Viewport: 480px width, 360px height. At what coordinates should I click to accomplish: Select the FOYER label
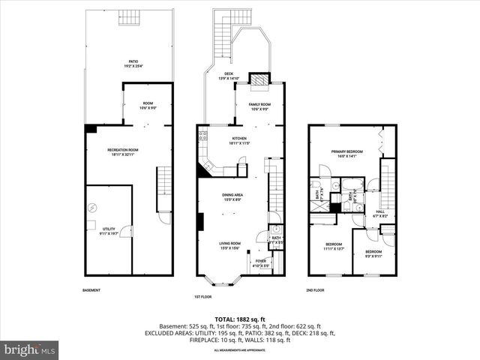click(x=259, y=262)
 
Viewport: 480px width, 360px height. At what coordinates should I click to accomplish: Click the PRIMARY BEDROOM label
click(x=347, y=152)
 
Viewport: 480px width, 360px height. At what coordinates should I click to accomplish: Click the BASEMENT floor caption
click(x=91, y=290)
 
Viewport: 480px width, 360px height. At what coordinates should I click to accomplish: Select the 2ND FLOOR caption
click(x=315, y=290)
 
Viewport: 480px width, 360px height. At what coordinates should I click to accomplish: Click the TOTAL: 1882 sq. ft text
click(x=239, y=319)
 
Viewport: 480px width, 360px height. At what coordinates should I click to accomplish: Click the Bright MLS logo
click(x=30, y=349)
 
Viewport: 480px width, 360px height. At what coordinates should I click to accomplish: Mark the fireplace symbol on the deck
click(x=259, y=79)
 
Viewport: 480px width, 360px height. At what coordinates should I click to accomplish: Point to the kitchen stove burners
click(x=202, y=136)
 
